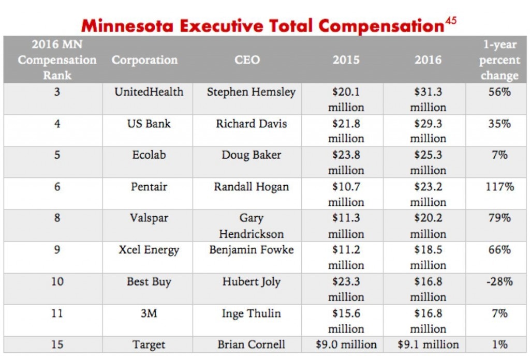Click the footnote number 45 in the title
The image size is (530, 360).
tap(451, 21)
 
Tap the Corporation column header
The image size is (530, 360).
tap(144, 60)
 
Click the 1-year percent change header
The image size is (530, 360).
tap(499, 60)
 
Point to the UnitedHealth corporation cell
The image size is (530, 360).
tap(149, 92)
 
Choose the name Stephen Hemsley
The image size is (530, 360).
tap(251, 92)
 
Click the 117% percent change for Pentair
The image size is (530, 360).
tap(499, 187)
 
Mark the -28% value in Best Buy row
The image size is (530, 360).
tap(499, 282)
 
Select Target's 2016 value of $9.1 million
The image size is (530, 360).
tap(428, 344)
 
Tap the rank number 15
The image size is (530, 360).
tap(57, 344)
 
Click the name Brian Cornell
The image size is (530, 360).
tap(251, 344)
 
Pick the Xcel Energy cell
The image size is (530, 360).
tap(149, 250)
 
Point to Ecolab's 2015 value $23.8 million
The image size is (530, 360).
tap(346, 162)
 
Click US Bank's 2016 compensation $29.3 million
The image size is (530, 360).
tap(428, 131)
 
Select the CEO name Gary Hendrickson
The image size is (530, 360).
tap(251, 226)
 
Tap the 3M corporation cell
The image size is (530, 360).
tap(149, 313)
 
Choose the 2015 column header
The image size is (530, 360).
tap(346, 60)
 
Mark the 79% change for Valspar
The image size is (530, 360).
tap(499, 218)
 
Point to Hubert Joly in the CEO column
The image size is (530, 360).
tap(251, 282)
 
